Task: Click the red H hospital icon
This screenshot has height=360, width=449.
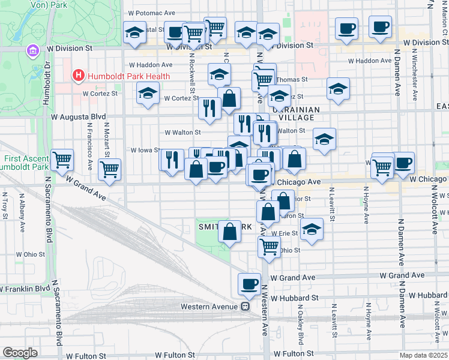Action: [x=78, y=76]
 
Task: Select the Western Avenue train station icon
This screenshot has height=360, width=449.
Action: [x=245, y=306]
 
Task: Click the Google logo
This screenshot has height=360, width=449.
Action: [x=20, y=353]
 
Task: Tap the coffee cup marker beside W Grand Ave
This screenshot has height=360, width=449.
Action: [x=249, y=284]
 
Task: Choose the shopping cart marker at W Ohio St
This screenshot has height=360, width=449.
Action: [x=270, y=245]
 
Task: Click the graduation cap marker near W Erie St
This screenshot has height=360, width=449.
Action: [x=311, y=229]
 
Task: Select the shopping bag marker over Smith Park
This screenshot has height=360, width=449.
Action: [x=229, y=231]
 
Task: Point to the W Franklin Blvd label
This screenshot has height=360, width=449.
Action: [x=25, y=289]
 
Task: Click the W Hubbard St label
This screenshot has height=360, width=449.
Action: [x=294, y=297]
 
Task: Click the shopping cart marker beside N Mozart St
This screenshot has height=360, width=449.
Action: [x=110, y=170]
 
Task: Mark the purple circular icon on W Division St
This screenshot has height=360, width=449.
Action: [x=32, y=52]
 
